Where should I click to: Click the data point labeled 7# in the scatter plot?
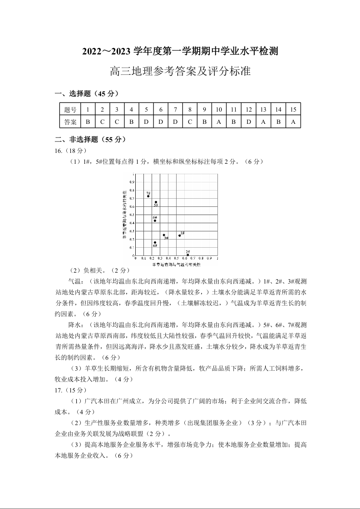(x=148, y=196)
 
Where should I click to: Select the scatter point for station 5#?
(x=156, y=202)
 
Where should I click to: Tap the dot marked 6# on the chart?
(x=155, y=220)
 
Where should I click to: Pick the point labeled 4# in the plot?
(x=155, y=242)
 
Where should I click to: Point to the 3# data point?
(x=164, y=235)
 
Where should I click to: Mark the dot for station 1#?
(x=180, y=235)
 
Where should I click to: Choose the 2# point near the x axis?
(x=187, y=255)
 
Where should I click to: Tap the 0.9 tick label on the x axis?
(x=209, y=258)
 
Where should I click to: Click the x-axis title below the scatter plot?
(x=176, y=263)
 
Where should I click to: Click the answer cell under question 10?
(x=219, y=122)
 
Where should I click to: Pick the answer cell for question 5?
(x=146, y=122)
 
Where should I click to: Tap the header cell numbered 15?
(x=293, y=109)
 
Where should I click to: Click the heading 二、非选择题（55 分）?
(x=90, y=140)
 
